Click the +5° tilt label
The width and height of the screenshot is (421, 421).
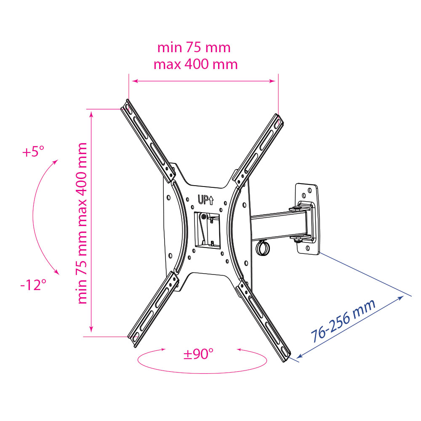[x=33, y=152]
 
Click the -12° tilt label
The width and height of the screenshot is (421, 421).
[x=33, y=285]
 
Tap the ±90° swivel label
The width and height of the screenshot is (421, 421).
[x=198, y=354]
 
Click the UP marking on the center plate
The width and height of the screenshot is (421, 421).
[x=206, y=200]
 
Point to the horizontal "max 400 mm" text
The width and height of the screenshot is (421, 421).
[x=195, y=64]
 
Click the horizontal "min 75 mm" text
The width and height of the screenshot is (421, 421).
[x=194, y=48]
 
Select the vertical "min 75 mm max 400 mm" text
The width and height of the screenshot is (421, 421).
[x=82, y=223]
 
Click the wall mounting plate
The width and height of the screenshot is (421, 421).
[x=307, y=218]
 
